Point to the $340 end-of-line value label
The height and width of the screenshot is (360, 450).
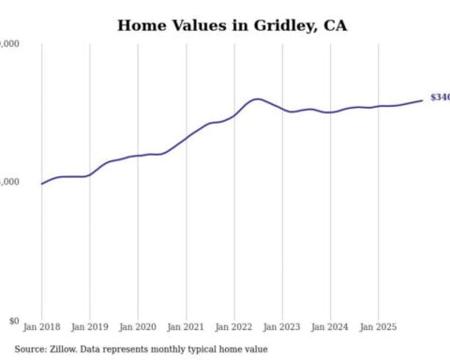point(440,97)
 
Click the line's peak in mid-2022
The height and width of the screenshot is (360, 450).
point(257,98)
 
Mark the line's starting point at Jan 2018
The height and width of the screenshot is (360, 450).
point(42,184)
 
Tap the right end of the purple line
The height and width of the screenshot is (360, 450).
point(422,100)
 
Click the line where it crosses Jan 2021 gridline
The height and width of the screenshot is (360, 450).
point(187,137)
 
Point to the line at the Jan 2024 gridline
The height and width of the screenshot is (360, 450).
point(330,112)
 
